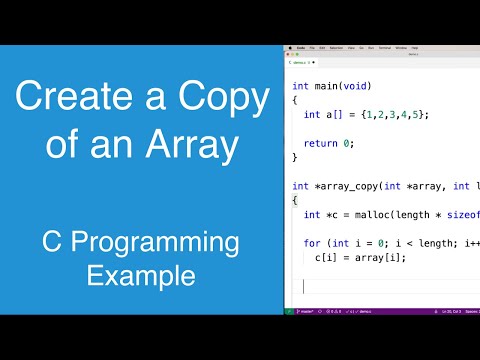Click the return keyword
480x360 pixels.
click(x=321, y=143)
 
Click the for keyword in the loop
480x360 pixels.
click(x=311, y=243)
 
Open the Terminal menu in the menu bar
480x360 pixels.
click(x=383, y=47)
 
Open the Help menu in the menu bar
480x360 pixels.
click(x=414, y=47)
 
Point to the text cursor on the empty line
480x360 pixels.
click(x=304, y=286)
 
